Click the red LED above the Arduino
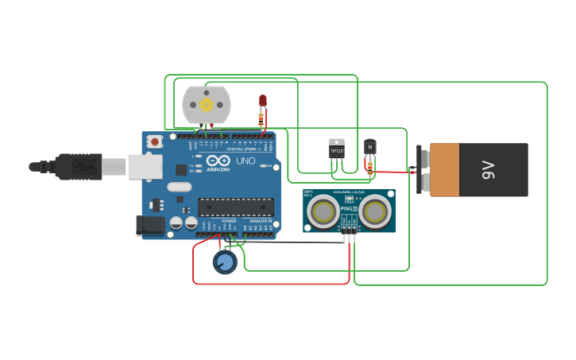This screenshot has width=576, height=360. point(263,100)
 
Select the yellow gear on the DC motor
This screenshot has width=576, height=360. point(207,105)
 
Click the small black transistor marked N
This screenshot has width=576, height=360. point(369,147)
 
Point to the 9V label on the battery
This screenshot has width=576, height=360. point(488,169)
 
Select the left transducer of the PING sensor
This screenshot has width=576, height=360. point(323,211)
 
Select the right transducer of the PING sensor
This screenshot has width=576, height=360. point(373,211)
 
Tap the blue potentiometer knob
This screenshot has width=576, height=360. point(225,261)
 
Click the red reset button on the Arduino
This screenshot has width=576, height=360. point(154,141)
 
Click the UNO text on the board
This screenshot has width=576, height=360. point(245,161)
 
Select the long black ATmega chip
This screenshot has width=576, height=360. point(236,207)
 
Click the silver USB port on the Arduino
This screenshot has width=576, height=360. point(145,166)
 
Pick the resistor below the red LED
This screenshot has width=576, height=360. point(261,119)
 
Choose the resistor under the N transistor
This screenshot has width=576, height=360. point(369,166)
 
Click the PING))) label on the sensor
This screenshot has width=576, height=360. point(349,208)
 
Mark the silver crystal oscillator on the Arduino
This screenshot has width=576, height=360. point(180,187)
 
